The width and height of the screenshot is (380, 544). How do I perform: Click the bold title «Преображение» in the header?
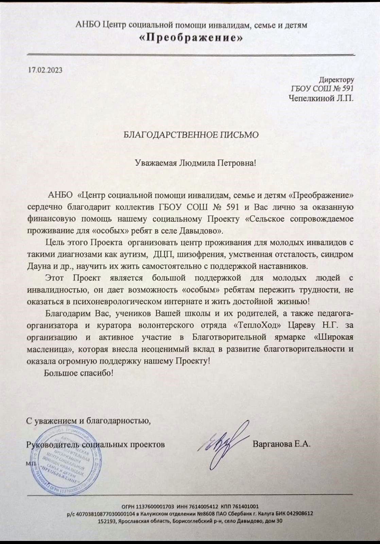(x=192, y=38)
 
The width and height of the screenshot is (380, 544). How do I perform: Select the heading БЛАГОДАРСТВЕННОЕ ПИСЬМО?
(x=191, y=135)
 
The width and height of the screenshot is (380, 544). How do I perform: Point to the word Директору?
(x=336, y=80)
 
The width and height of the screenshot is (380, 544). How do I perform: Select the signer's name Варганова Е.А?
(x=282, y=444)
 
